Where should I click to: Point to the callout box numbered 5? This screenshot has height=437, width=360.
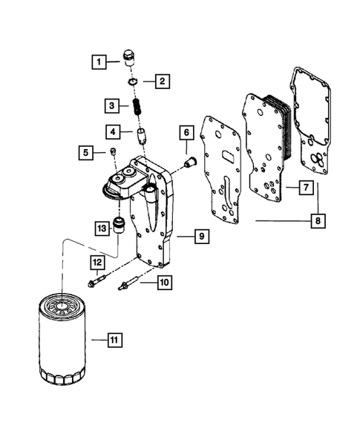coord(87,153)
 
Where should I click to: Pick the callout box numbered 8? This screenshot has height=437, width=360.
coord(318,220)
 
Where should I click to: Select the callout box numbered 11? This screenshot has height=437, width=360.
coord(114,340)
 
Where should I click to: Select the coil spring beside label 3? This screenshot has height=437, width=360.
coord(137,106)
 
